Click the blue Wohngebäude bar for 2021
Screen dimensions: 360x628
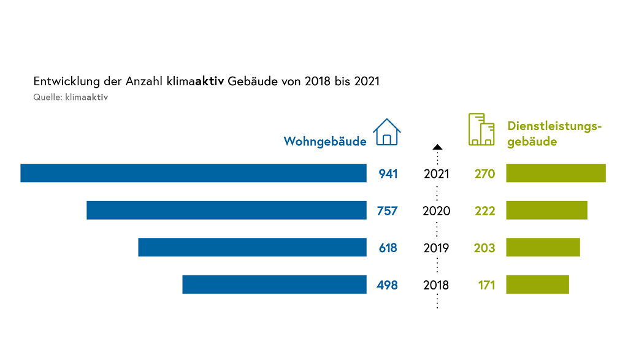pyautogui.click(x=193, y=173)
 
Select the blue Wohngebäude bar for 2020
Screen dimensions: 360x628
pyautogui.click(x=226, y=210)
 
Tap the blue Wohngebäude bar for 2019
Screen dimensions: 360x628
pyautogui.click(x=252, y=247)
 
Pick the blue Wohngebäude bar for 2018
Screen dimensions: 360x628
pyautogui.click(x=274, y=285)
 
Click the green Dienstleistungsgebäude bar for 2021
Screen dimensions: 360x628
pyautogui.click(x=556, y=173)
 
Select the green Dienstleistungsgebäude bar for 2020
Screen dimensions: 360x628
pyautogui.click(x=546, y=210)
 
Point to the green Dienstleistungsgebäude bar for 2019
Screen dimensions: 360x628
pyautogui.click(x=543, y=247)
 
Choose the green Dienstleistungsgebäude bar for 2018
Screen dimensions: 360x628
pyautogui.click(x=537, y=285)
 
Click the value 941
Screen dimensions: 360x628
pyautogui.click(x=388, y=174)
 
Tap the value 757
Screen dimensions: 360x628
pyautogui.click(x=387, y=212)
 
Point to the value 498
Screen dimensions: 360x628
pyautogui.click(x=387, y=285)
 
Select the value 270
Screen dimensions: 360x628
pyautogui.click(x=484, y=174)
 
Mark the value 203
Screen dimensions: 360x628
pyautogui.click(x=484, y=248)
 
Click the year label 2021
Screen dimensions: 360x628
pyautogui.click(x=437, y=174)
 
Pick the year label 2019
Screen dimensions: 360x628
pyautogui.click(x=437, y=248)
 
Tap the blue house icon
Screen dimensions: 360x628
pyautogui.click(x=386, y=132)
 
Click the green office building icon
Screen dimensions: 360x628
pyautogui.click(x=481, y=129)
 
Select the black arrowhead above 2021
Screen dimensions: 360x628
pyautogui.click(x=437, y=147)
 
